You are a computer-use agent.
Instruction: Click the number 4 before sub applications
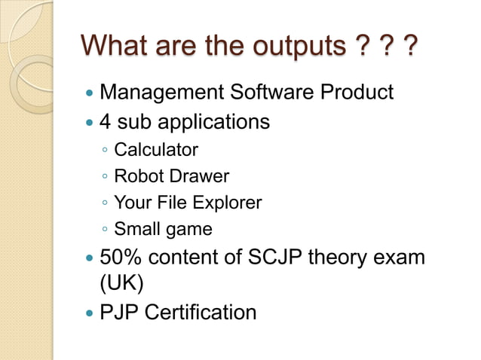tap(106, 121)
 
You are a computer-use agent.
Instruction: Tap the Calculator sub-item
tap(156, 150)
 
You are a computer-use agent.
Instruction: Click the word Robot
tap(136, 176)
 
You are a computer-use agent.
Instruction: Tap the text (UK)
tap(121, 284)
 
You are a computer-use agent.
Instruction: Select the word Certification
tap(201, 311)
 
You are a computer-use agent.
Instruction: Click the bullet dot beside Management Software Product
tap(90, 94)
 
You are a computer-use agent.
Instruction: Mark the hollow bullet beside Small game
tap(105, 230)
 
